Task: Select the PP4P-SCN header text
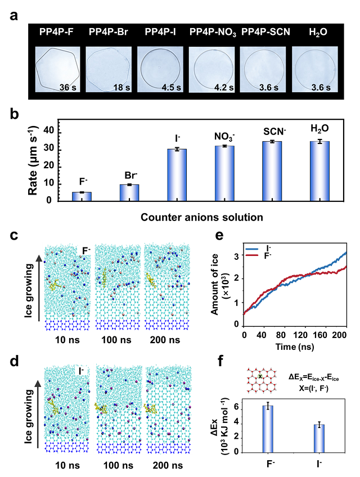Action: tap(264, 31)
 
